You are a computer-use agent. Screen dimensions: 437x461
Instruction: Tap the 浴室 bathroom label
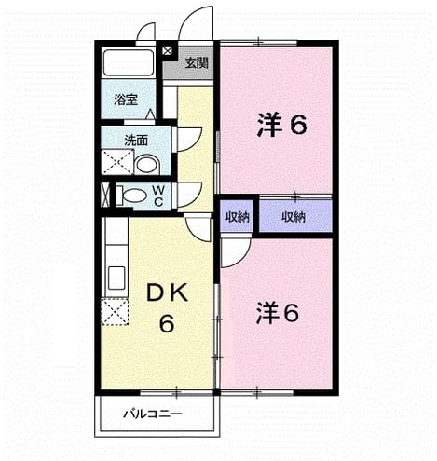point(126,100)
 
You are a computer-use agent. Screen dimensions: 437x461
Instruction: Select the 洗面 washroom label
point(136,141)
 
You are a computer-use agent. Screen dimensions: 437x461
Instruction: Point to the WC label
point(158,196)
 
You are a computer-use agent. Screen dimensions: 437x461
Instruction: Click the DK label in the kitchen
point(167,293)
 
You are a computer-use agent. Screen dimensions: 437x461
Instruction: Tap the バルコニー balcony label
point(153,414)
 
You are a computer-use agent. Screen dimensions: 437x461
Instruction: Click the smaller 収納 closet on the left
point(238,217)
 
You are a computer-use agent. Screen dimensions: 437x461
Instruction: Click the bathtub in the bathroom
point(129,62)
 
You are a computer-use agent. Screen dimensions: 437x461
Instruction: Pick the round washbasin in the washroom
point(147,165)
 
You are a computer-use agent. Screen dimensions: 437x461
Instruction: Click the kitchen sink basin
point(116,278)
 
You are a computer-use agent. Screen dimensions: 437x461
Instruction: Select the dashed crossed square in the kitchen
point(115,311)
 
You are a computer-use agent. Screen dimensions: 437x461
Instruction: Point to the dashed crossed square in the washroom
point(117,162)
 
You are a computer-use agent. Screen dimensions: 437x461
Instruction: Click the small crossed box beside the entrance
point(167,50)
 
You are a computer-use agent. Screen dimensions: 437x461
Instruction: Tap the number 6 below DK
point(167,323)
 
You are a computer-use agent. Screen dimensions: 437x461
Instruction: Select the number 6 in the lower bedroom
point(291,313)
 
